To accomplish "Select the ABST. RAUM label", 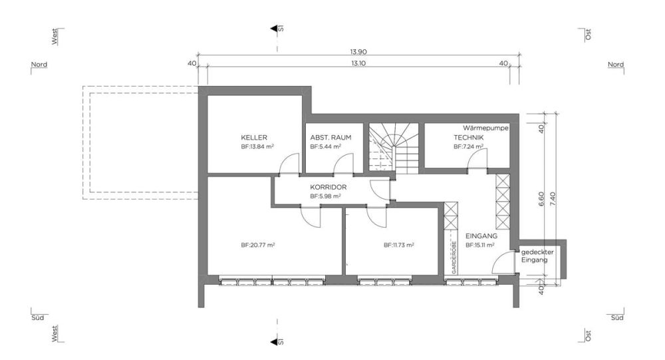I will pos(331,138).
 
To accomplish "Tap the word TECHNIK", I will pos(469,138).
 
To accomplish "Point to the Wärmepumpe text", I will pos(485,127).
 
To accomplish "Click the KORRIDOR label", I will pos(329,188).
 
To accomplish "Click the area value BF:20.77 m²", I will pos(258,245).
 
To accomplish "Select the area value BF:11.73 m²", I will pos(399,245).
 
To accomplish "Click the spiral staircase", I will pos(394,148).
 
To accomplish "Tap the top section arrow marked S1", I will pos(275,29).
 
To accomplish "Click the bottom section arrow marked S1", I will pos(275,341).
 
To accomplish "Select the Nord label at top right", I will pos(615,65).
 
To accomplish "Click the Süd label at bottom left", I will pos(38,319).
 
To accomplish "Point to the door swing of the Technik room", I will pos(477,160).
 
